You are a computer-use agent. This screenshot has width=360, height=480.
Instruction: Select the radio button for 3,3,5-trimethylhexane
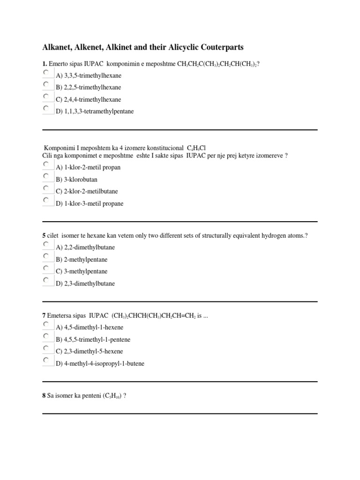tap(46, 73)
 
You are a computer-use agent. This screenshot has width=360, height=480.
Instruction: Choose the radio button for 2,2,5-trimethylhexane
tap(46, 85)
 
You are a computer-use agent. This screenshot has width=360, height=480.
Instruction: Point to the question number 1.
tap(44, 64)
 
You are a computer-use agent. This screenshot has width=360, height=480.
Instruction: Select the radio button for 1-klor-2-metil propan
tap(46, 165)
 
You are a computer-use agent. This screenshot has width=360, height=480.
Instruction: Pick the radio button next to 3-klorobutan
tap(46, 177)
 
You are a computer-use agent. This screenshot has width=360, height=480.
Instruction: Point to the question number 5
tap(44, 236)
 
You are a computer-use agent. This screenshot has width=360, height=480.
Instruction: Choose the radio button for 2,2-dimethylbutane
tap(46, 245)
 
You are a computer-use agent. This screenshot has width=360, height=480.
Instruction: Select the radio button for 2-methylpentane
tap(46, 257)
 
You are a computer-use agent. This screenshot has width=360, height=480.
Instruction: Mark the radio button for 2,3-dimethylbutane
tap(46, 281)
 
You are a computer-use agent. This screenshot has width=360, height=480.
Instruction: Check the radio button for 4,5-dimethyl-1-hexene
tap(46, 324)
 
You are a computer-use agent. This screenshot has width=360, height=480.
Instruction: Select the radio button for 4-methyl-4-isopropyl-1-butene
tap(46, 360)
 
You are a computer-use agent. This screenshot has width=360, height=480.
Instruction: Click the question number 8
tap(44, 396)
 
